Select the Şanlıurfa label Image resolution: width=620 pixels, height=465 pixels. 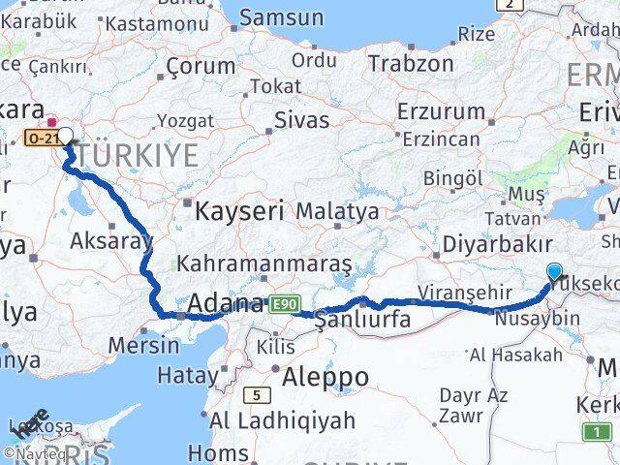click(362, 320)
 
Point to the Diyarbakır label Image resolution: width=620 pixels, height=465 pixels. click(496, 244)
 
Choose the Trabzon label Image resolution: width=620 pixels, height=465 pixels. click(412, 65)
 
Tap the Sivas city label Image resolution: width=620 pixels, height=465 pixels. click(301, 120)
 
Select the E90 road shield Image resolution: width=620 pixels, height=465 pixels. click(284, 304)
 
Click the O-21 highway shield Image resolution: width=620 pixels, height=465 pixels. click(43, 139)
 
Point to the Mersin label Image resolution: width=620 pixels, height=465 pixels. click(144, 344)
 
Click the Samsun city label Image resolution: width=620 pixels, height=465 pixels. click(281, 17)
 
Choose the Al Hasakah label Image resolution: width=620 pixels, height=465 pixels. click(515, 356)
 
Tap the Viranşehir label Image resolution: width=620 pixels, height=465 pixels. click(463, 292)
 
